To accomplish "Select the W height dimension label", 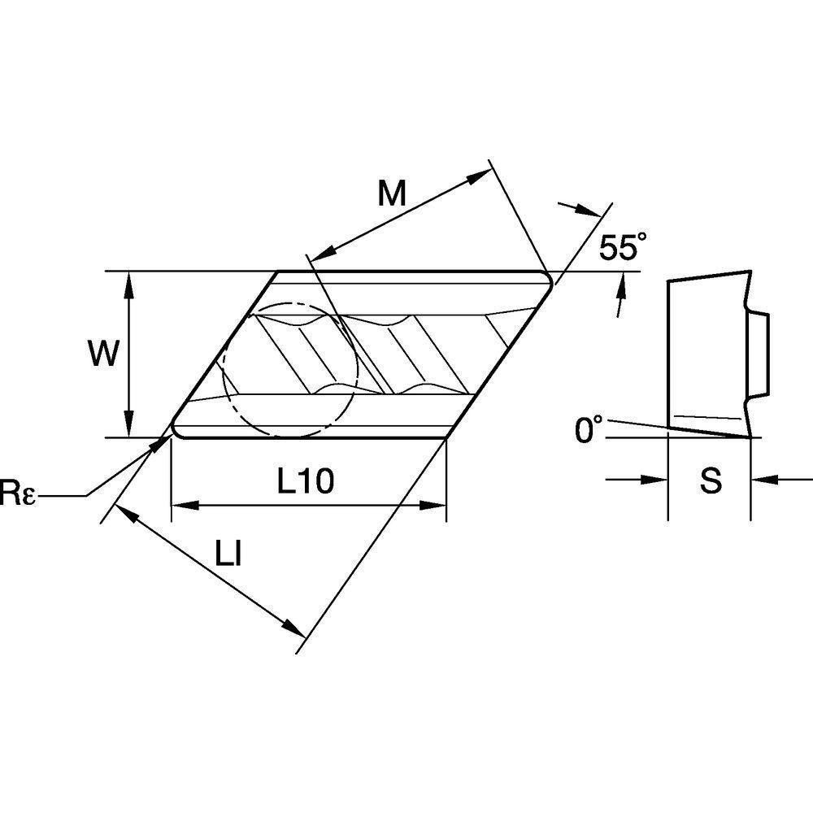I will [x=103, y=354].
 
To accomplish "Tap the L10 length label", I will [x=305, y=481].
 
